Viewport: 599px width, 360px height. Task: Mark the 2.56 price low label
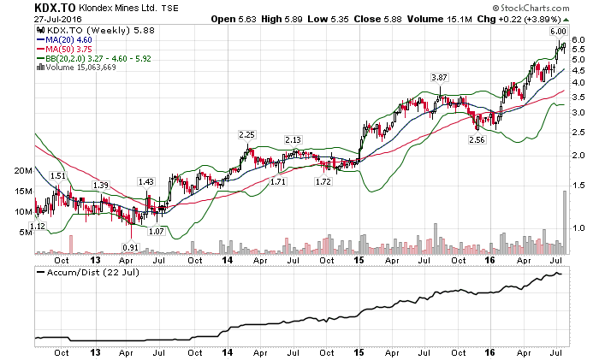click(477, 139)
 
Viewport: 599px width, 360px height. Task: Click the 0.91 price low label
click(130, 247)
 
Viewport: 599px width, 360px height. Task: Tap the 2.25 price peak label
click(247, 134)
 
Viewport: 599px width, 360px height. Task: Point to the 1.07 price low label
click(155, 231)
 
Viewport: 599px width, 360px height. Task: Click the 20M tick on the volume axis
click(21, 171)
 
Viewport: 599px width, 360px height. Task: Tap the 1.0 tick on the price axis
click(579, 227)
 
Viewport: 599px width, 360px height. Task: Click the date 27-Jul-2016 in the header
click(31, 20)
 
